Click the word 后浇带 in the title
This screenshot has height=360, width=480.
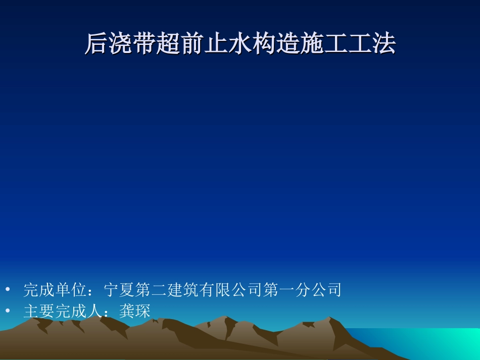click(120, 44)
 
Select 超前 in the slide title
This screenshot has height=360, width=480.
click(180, 44)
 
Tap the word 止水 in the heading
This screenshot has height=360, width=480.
click(227, 44)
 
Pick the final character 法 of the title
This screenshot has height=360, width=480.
click(383, 44)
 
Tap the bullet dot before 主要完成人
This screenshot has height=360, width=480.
click(8, 311)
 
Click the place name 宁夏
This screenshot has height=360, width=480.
click(119, 290)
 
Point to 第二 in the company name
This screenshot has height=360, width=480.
click(151, 290)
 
